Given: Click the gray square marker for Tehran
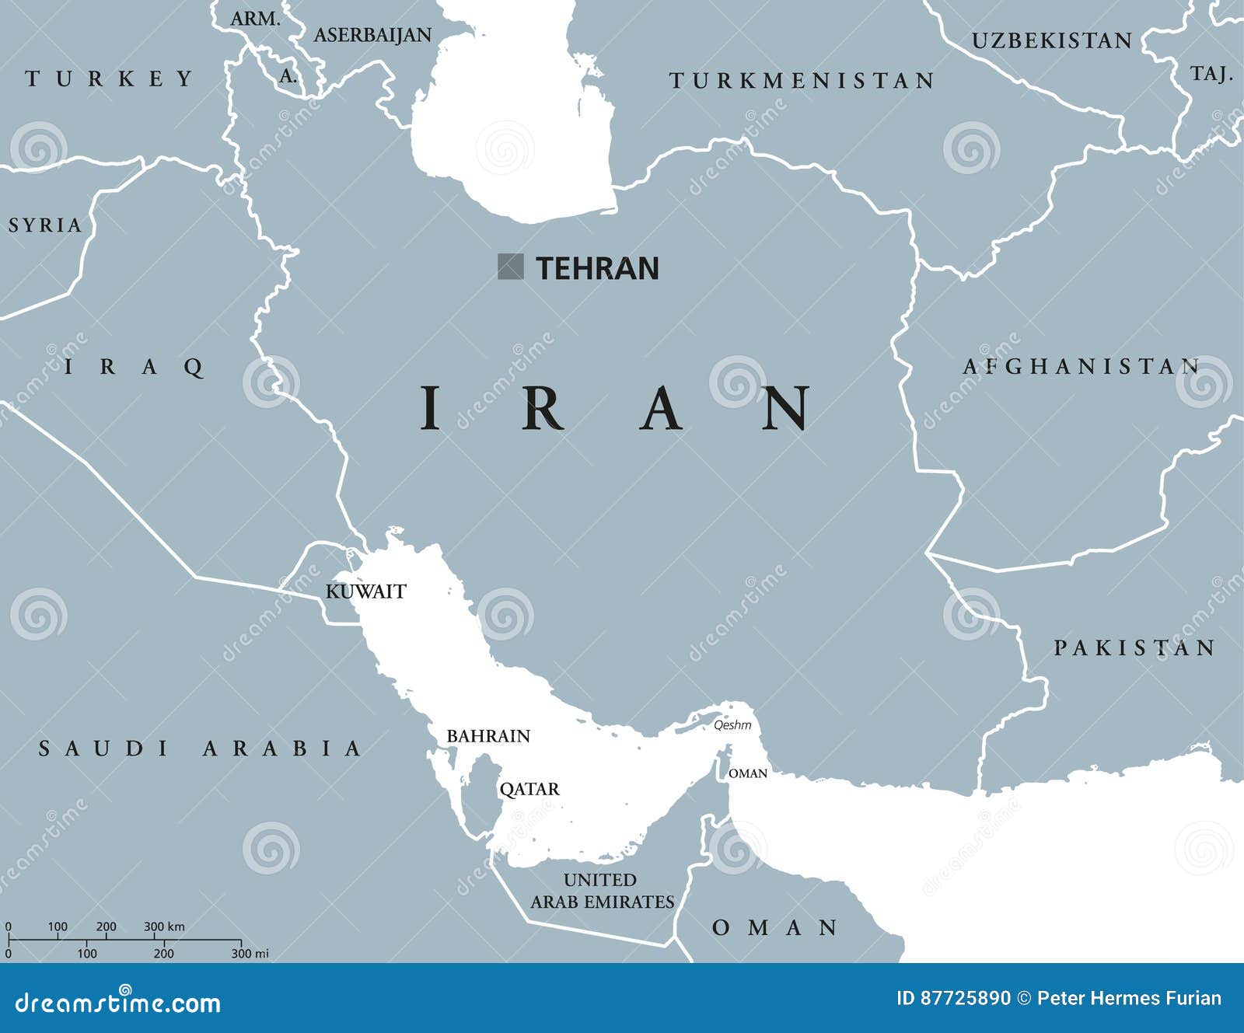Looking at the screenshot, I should [510, 267].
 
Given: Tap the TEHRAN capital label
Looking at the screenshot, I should [597, 268].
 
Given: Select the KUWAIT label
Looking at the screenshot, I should [365, 592].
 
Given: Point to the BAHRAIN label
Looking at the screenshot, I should [488, 736].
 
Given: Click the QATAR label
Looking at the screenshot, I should [529, 790].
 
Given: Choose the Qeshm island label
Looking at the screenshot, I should [732, 725].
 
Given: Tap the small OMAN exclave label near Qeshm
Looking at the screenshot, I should [747, 773].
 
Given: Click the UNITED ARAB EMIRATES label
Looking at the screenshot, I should [602, 891].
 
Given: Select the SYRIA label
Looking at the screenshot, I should [45, 225].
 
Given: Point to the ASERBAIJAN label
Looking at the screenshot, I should [372, 35].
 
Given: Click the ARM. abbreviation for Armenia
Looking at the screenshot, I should [256, 19].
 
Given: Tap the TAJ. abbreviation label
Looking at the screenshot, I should [1211, 75].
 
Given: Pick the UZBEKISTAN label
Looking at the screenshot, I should [1052, 41].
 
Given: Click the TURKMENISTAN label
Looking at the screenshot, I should [802, 81].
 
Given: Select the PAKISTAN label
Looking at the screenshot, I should [1134, 648].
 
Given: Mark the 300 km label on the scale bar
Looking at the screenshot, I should [164, 927].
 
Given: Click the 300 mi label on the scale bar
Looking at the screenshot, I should [250, 954].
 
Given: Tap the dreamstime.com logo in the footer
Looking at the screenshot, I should [118, 1003].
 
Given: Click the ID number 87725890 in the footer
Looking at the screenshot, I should [965, 999].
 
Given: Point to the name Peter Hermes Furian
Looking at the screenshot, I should [1129, 999].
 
